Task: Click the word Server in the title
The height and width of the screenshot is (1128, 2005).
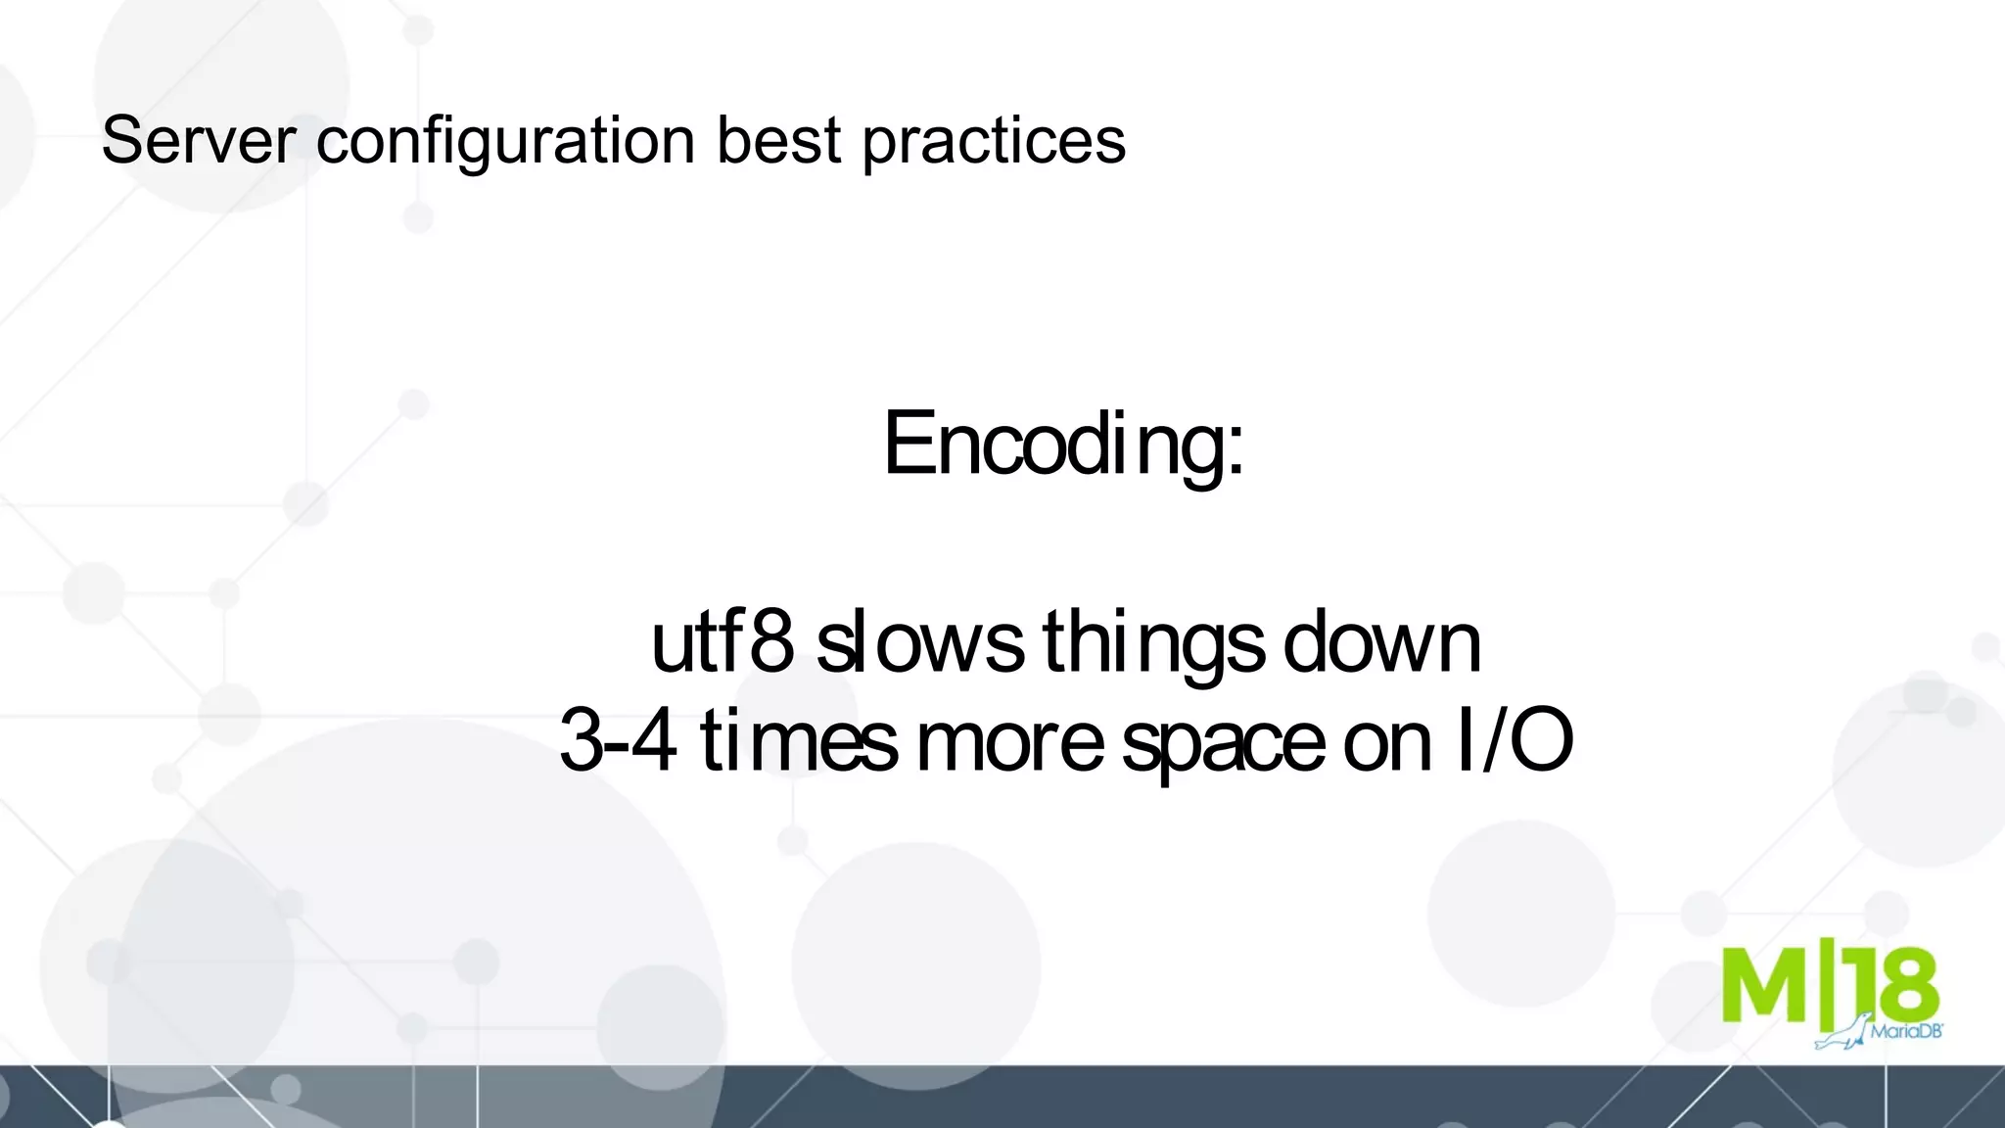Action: coord(197,140)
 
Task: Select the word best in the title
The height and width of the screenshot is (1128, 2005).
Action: coord(778,140)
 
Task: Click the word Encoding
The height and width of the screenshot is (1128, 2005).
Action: coord(1052,446)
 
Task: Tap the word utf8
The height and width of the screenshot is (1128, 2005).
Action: coord(722,643)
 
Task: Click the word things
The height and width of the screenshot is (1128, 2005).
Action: coord(1153,645)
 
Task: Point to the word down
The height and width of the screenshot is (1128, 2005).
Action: coord(1381,643)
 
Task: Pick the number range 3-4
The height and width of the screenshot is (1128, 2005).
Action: coord(618,741)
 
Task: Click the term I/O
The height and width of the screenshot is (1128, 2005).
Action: coord(1514,741)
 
